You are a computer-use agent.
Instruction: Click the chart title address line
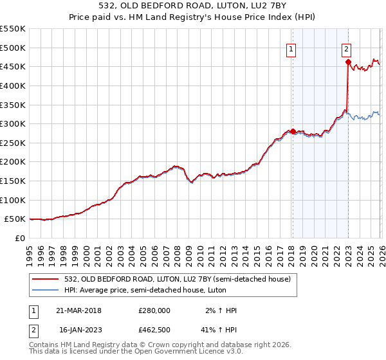(x=193, y=6)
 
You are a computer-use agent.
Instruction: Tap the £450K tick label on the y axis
(x=13, y=66)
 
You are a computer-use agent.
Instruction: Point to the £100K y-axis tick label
(x=13, y=200)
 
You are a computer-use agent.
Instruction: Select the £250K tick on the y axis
(x=13, y=143)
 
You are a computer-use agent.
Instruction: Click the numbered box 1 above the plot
(x=291, y=48)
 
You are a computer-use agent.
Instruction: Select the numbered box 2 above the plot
(x=346, y=48)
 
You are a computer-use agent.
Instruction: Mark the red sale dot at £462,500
(x=348, y=62)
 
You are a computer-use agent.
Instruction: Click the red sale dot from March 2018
(x=293, y=131)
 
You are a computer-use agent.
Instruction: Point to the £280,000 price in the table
(x=154, y=310)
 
